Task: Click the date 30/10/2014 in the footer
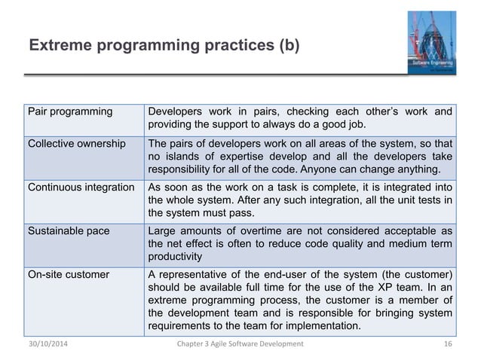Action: (47, 343)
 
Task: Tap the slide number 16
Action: (449, 343)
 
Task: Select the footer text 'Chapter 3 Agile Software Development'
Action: (239, 343)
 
